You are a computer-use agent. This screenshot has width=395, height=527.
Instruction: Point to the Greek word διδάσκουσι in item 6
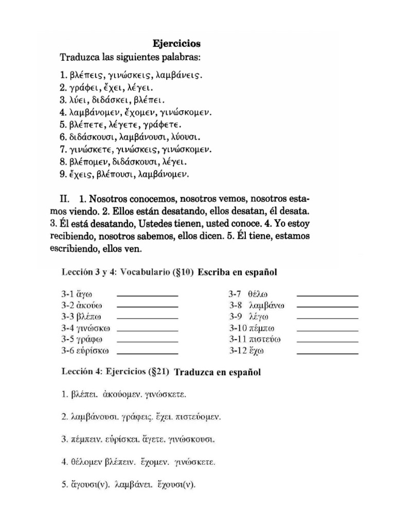coord(91,137)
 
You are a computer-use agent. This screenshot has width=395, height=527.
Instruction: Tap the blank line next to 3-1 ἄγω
coord(148,295)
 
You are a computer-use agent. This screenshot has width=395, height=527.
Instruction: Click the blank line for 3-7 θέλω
coord(328,295)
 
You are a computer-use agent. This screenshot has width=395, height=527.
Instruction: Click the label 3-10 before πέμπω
coord(238,328)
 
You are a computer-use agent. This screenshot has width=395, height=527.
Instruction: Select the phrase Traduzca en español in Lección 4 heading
coord(218,372)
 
